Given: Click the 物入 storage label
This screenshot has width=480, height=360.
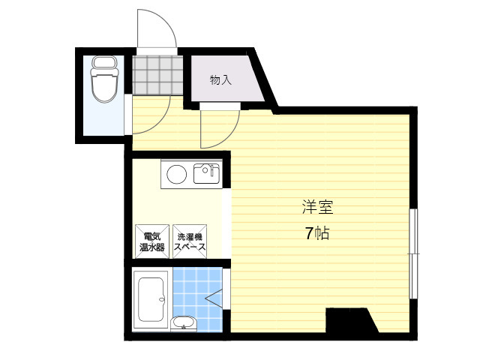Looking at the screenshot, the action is [x=220, y=80].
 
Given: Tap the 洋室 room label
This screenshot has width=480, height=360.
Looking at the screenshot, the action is [x=317, y=207].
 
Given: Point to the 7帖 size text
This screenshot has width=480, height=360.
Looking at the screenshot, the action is [x=317, y=234].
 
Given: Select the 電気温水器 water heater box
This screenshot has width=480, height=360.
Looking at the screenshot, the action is [x=152, y=241].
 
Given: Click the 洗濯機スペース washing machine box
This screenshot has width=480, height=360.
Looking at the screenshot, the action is [x=190, y=241].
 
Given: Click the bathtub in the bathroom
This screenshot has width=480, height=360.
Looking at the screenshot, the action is [x=151, y=300].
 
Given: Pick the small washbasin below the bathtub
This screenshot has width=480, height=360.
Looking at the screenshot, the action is [x=183, y=323].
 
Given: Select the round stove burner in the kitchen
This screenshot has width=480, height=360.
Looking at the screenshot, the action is [x=177, y=175].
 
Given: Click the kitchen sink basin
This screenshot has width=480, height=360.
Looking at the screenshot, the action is [x=206, y=174].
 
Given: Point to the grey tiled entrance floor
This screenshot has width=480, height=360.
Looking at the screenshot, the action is [x=157, y=74].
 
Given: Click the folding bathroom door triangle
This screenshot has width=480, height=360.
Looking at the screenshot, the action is [x=214, y=297].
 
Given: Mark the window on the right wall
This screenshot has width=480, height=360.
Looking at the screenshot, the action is [x=413, y=253].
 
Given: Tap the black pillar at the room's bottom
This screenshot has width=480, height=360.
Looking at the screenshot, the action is [x=352, y=320].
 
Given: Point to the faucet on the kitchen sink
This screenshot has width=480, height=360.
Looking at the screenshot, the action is [x=211, y=170].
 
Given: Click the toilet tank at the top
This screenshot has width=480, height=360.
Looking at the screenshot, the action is [x=105, y=62].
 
